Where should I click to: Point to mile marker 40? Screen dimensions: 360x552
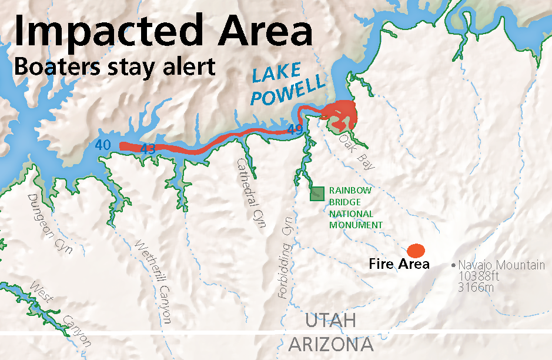(102, 144)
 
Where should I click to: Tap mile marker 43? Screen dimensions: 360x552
(148, 150)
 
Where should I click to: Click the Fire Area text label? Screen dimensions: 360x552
(399, 264)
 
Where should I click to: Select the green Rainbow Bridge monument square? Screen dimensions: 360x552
(317, 193)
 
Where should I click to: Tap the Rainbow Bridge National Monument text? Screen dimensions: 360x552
(355, 208)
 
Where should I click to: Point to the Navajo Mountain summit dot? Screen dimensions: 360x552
(453, 265)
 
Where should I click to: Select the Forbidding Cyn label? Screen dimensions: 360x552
(286, 262)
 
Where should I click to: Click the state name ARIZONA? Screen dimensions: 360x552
(331, 344)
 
